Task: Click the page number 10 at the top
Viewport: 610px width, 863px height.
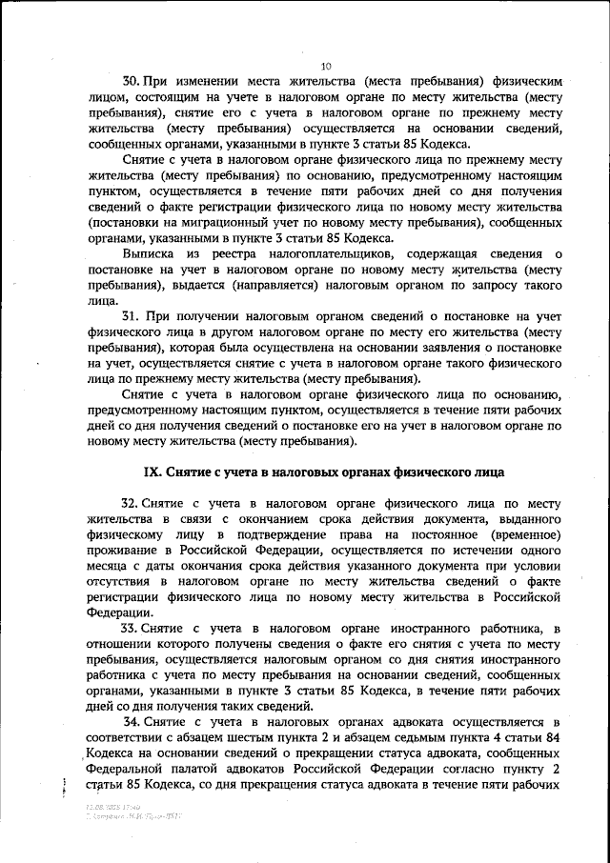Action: (325, 66)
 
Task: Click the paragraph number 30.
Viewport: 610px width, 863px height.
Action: (133, 82)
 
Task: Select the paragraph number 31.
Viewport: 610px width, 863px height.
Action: (133, 314)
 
